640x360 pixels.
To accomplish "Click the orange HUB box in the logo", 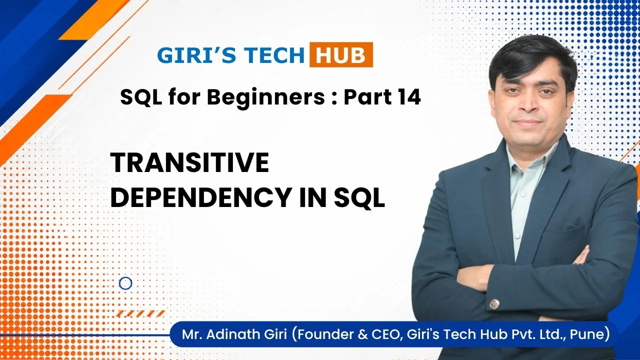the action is (341, 54).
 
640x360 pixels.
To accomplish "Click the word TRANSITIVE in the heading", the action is (189, 162).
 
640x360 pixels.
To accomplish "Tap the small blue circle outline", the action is (125, 283).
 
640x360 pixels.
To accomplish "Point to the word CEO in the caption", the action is (385, 334).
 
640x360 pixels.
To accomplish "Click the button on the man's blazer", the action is (494, 304).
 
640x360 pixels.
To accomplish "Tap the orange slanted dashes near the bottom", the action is (140, 313).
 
